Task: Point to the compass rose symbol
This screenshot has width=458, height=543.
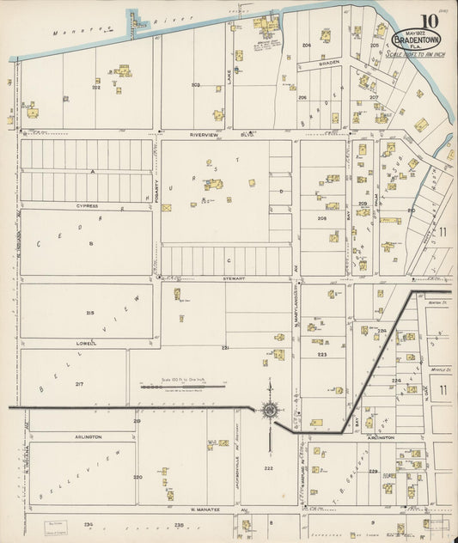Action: [x=269, y=411]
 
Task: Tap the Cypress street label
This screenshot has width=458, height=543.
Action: [x=86, y=206]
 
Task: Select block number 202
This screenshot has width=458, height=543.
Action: [x=96, y=88]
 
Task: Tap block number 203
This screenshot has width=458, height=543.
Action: [x=196, y=85]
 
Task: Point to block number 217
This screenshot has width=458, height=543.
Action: [x=79, y=383]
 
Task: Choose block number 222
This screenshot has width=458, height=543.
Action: [x=268, y=468]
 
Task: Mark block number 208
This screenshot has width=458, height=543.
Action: [x=321, y=218]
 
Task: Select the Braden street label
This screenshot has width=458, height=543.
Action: [x=331, y=63]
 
